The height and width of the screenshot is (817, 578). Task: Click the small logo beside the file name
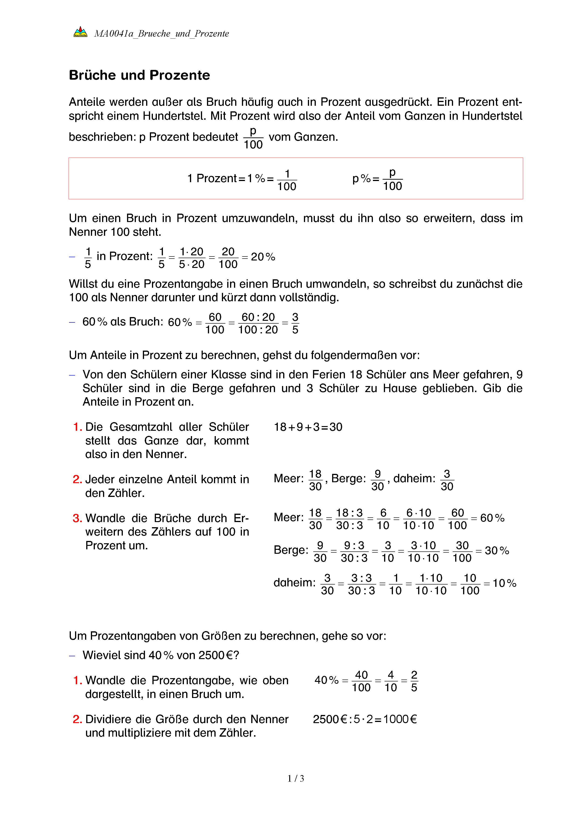click(80, 32)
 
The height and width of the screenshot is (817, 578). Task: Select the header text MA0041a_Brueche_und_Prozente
click(161, 34)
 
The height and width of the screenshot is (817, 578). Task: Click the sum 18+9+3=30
click(308, 427)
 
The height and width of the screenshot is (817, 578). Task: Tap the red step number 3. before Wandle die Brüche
click(77, 518)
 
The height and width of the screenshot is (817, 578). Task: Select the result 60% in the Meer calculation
click(492, 518)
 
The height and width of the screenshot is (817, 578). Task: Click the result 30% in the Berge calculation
click(497, 551)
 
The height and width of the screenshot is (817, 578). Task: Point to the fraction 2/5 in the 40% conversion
click(414, 681)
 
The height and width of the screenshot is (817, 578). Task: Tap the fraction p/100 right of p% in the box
click(392, 179)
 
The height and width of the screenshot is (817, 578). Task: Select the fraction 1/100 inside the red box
click(287, 180)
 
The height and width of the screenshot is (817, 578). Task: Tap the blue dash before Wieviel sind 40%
click(72, 656)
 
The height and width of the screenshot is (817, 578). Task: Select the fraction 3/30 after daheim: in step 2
click(447, 480)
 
